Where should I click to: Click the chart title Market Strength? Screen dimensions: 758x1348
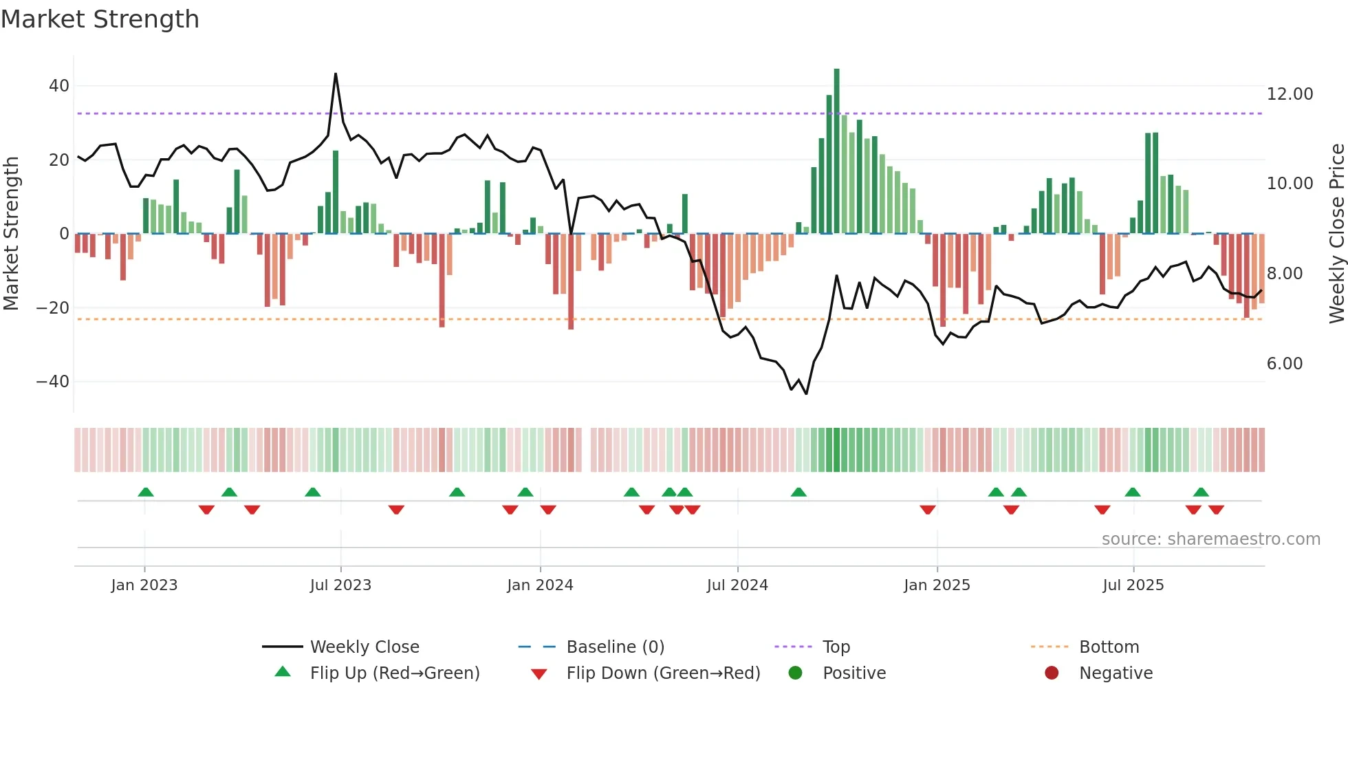click(100, 19)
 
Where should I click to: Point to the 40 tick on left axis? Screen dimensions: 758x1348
click(59, 86)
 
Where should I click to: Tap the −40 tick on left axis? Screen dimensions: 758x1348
click(53, 382)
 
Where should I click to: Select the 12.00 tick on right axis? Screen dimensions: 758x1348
click(1290, 94)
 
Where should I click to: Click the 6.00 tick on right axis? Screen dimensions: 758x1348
click(1284, 364)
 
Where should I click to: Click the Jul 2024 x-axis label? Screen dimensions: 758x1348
click(737, 585)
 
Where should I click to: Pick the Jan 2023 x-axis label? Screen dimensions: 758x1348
click(144, 585)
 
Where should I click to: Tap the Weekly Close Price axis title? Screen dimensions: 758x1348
click(1336, 233)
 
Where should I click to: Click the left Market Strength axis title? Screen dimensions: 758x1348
click(11, 233)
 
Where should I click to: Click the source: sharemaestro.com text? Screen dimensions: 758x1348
click(1210, 539)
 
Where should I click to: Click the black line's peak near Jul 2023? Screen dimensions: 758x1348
click(336, 74)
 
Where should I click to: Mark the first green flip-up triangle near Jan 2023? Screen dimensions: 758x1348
click(146, 492)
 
